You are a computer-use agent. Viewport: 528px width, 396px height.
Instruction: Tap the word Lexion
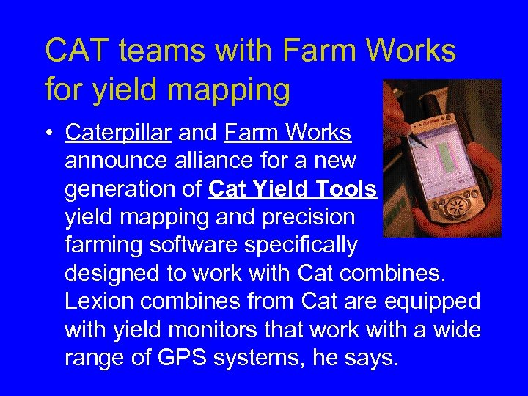(x=98, y=301)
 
